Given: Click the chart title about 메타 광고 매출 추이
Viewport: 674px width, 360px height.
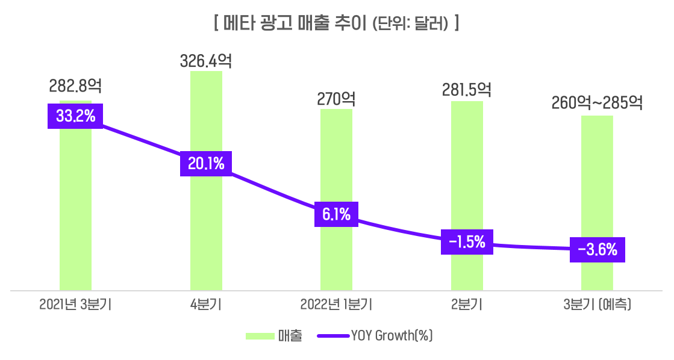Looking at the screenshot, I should [337, 23].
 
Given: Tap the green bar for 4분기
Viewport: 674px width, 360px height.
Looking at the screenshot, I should [206, 229].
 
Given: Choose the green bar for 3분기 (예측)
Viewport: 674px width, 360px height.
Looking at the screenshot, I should [597, 181].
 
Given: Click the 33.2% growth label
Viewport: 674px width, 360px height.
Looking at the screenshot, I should [75, 116].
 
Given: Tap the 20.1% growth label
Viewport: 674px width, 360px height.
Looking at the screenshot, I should [206, 164].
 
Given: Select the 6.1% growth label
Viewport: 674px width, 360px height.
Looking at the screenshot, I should [336, 214].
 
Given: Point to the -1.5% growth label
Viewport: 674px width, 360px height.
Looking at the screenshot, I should [467, 242].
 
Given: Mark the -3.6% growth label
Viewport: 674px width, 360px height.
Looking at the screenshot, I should [597, 249].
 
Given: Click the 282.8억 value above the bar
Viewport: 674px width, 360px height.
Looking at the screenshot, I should [75, 87].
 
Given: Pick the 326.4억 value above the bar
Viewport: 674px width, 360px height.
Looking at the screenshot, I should [206, 61].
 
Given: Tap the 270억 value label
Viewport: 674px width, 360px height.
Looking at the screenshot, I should [336, 98].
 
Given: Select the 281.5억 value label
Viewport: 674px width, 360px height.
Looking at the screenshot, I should [467, 90].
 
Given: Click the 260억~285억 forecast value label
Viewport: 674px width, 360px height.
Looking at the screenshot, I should [597, 103].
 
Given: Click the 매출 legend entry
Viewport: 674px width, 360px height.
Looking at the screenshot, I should [274, 336].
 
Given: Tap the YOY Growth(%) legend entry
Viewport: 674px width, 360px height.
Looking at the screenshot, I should [385, 336].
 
